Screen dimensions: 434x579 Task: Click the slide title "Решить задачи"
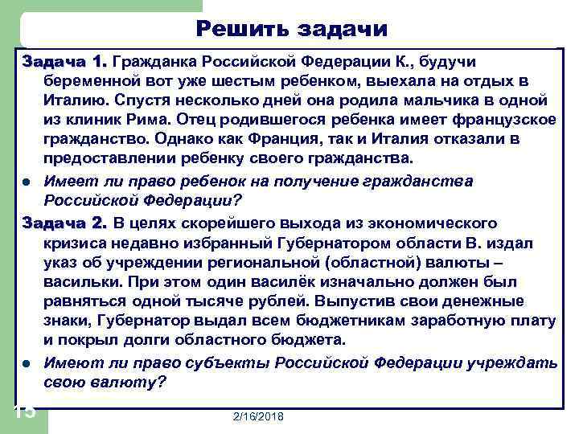pyautogui.click(x=292, y=29)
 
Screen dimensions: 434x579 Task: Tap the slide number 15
pyautogui.click(x=24, y=412)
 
